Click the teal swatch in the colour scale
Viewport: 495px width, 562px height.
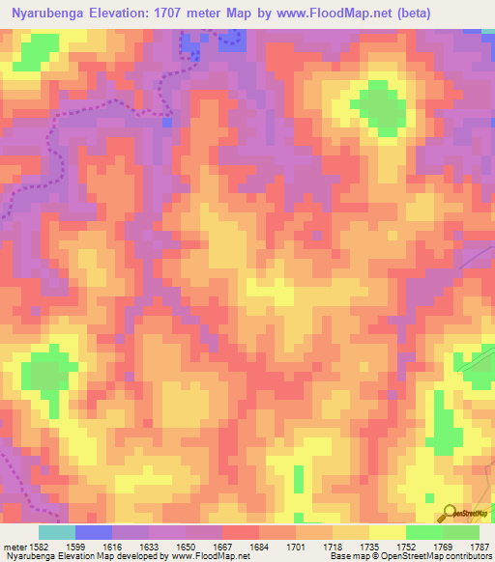point(57,532)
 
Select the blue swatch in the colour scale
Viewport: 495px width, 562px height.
point(94,532)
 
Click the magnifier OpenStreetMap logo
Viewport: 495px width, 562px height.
point(448,513)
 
